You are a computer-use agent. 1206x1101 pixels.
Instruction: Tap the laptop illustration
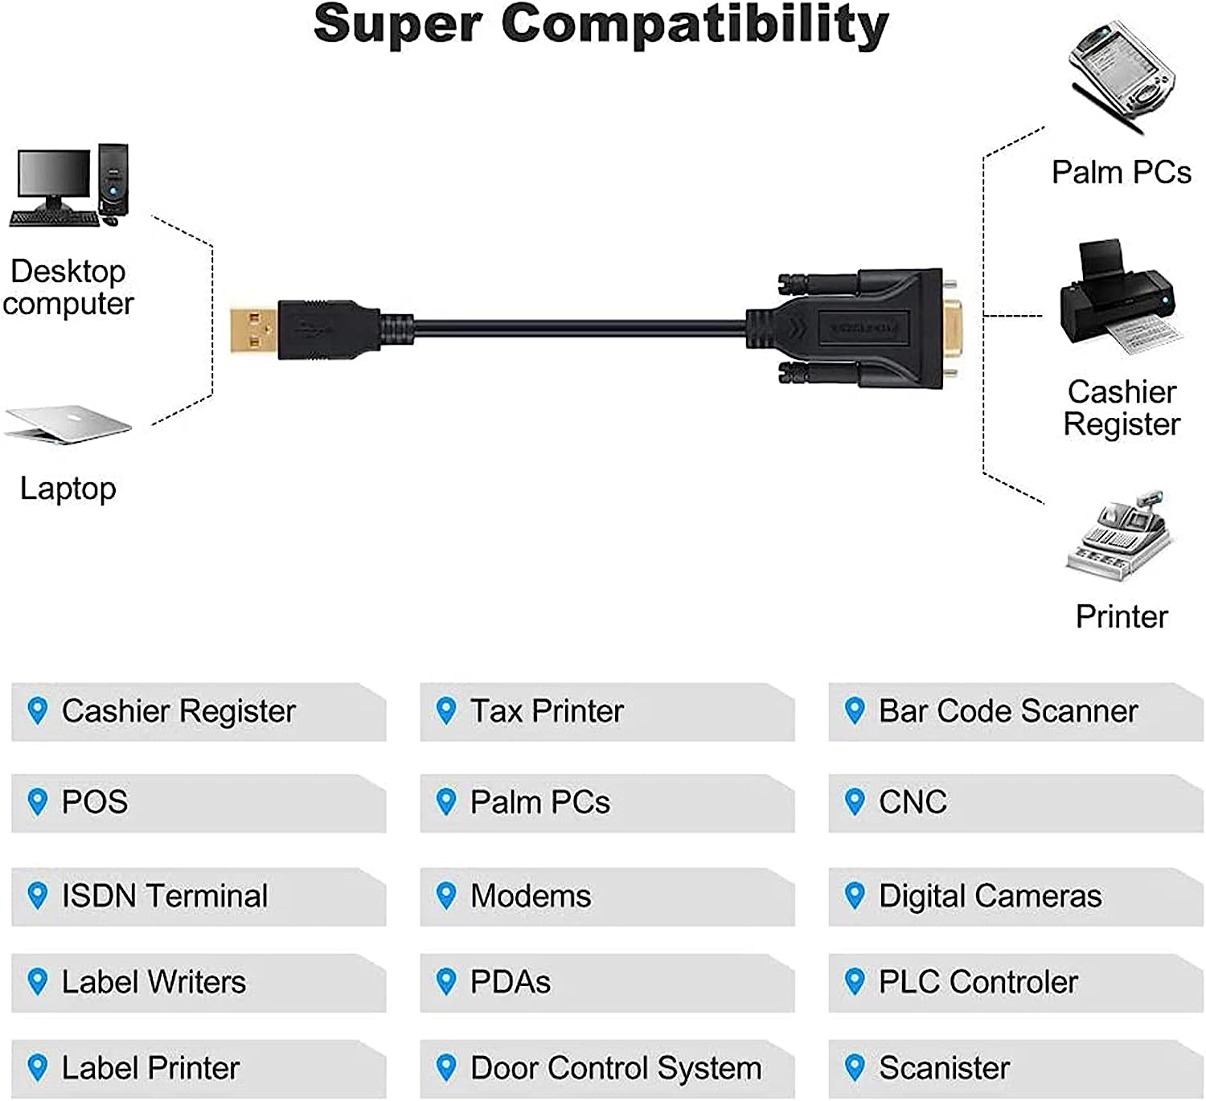tap(68, 424)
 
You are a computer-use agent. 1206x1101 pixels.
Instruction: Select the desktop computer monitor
tap(54, 175)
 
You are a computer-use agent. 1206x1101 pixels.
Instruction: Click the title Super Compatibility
tap(601, 24)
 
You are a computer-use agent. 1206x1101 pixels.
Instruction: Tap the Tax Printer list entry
tap(547, 711)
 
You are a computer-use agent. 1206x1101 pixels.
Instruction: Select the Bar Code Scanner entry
tap(1008, 711)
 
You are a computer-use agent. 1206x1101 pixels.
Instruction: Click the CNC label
tap(913, 802)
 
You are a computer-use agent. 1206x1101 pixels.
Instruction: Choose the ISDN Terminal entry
tap(165, 896)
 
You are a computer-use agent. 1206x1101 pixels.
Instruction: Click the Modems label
tap(531, 896)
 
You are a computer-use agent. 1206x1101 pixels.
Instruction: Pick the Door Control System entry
tap(616, 1068)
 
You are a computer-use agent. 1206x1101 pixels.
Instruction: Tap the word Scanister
tap(944, 1068)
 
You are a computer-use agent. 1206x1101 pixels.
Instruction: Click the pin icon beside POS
tap(37, 801)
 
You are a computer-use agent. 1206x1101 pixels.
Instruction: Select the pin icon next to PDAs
tap(445, 981)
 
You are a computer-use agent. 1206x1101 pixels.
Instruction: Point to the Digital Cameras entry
tap(991, 896)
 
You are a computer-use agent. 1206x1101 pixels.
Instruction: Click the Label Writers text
tap(154, 982)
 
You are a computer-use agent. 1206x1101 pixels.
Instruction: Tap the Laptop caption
tap(68, 489)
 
